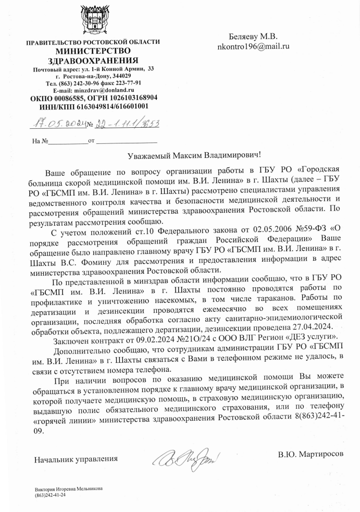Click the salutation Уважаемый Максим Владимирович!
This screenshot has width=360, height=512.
tap(193, 155)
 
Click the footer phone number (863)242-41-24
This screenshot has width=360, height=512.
tap(51, 495)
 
